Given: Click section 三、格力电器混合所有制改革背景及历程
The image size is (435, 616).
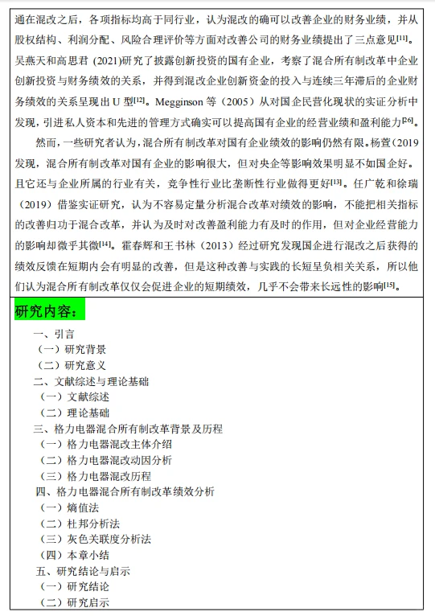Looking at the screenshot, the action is click(x=128, y=429).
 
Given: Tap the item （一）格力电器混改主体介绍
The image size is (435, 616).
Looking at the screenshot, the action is click(x=105, y=445).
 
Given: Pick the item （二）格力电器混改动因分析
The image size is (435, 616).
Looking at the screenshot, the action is click(x=105, y=460).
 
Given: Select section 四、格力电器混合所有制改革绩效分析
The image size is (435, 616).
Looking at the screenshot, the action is click(x=125, y=491).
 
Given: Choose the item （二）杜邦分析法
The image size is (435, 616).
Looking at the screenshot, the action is click(x=80, y=523).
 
